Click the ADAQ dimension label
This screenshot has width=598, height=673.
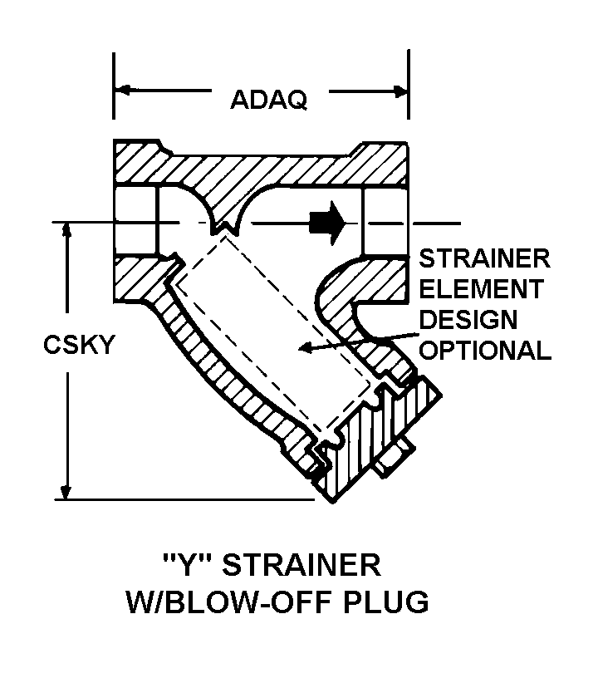click(x=268, y=100)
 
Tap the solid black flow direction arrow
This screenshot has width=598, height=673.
click(x=326, y=221)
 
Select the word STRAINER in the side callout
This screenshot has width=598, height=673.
click(x=485, y=258)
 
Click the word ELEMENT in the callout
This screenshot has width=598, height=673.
click(x=481, y=289)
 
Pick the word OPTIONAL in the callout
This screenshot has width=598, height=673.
click(x=486, y=350)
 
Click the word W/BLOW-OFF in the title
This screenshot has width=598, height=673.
click(x=229, y=601)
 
